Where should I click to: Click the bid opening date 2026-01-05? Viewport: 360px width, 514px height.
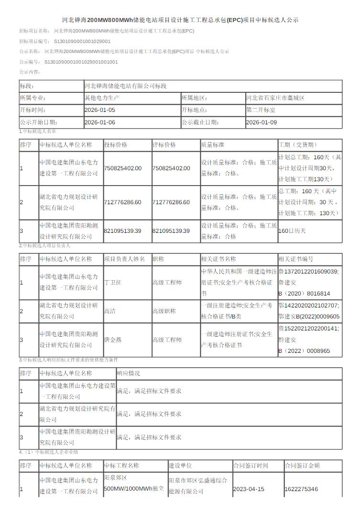tap(99, 110)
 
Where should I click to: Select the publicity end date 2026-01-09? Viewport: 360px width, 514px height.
tap(261, 122)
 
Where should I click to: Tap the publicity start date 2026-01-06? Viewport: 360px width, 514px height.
tap(99, 122)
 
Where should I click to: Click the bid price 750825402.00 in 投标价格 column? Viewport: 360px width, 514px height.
tap(123, 168)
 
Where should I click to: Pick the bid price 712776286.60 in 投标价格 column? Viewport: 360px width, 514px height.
tap(123, 202)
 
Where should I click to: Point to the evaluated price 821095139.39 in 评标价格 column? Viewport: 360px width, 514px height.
tap(171, 231)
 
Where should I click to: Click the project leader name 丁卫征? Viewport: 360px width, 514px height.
tap(113, 283)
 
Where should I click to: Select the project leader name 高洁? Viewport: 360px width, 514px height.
tap(109, 311)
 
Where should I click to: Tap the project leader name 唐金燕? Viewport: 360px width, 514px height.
tap(113, 340)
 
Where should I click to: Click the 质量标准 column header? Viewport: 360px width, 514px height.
tap(212, 145)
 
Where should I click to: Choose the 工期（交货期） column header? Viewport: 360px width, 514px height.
tap(297, 145)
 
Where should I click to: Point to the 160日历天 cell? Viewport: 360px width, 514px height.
tap(292, 231)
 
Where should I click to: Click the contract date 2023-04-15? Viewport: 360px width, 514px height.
tap(248, 489)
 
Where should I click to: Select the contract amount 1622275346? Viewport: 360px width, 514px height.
tap(301, 489)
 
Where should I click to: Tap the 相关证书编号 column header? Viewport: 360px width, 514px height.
tap(296, 259)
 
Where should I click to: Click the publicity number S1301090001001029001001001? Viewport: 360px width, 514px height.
tap(81, 62)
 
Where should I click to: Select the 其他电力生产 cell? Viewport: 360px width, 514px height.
tap(102, 98)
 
